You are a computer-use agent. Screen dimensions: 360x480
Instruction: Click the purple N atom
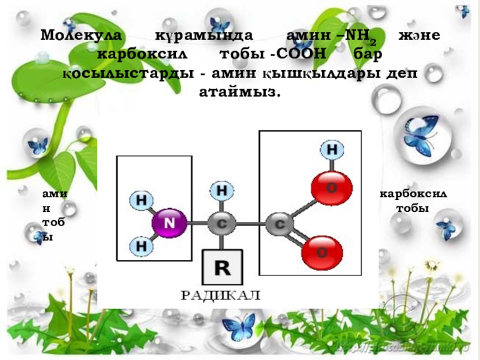tap(170, 223)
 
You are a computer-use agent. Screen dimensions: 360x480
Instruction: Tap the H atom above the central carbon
tap(221, 191)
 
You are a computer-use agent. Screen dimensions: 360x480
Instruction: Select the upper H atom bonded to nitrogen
tap(142, 200)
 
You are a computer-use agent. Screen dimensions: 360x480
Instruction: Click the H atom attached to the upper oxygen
tap(332, 149)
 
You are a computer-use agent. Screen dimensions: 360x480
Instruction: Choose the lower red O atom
tap(322, 252)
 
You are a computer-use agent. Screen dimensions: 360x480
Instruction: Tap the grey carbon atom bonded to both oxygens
tap(278, 223)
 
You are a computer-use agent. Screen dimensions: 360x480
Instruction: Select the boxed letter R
tap(222, 268)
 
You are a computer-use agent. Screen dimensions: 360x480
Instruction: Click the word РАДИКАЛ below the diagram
tap(221, 295)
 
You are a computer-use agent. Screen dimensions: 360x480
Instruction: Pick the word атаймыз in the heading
tap(239, 92)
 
